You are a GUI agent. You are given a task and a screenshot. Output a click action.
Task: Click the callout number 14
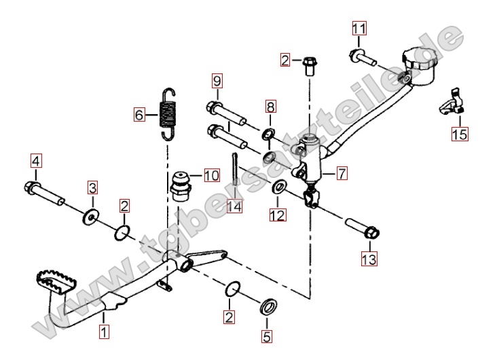[x=234, y=206]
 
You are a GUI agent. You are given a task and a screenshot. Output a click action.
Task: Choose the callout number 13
[x=369, y=258]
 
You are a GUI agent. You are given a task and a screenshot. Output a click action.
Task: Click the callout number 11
[x=359, y=29]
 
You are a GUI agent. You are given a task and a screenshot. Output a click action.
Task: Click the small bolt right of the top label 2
[x=310, y=65]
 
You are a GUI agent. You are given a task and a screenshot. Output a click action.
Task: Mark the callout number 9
[x=217, y=82]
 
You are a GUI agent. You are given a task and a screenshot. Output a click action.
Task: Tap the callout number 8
[x=270, y=107]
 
